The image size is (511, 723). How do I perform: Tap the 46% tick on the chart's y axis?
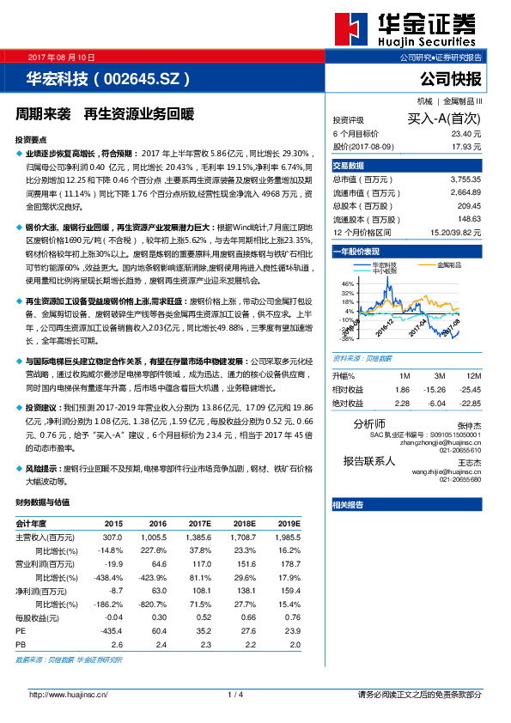coord(348,283)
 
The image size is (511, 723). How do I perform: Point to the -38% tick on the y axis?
coord(347,337)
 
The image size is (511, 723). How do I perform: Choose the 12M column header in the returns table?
coord(472,376)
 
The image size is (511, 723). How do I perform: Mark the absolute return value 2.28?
coord(402,403)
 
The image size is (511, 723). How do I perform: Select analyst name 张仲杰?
coord(470,425)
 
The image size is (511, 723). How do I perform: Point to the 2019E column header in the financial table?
coord(289,523)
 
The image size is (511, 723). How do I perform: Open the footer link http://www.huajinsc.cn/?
coord(68,694)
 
